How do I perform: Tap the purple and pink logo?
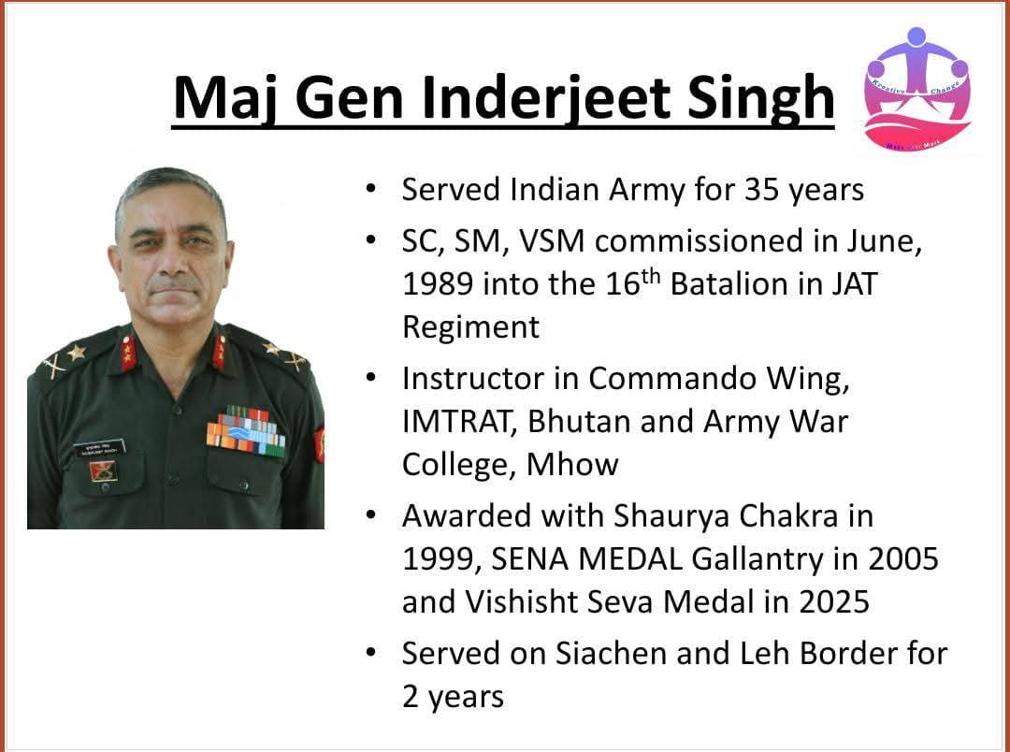(x=916, y=89)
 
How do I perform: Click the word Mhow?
(x=572, y=465)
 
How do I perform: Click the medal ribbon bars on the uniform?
(x=245, y=432)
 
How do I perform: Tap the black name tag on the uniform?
(x=99, y=449)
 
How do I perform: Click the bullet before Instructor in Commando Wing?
(x=369, y=378)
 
